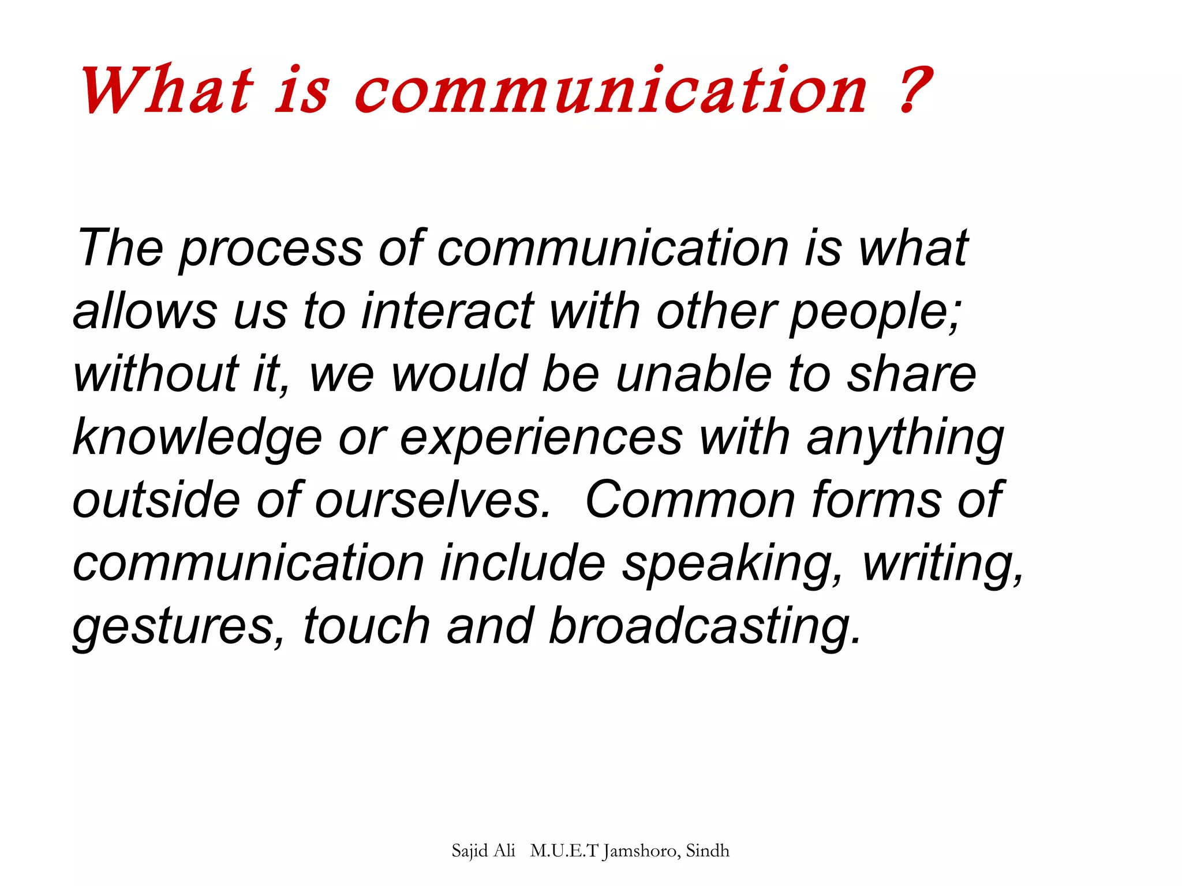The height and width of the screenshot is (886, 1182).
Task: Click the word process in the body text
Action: (x=271, y=249)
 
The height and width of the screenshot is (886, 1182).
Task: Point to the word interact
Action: (x=447, y=311)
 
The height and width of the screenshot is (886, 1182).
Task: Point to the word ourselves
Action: (x=433, y=500)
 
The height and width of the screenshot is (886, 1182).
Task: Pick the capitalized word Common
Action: (x=690, y=500)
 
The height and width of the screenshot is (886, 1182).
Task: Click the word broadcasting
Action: (x=704, y=627)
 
